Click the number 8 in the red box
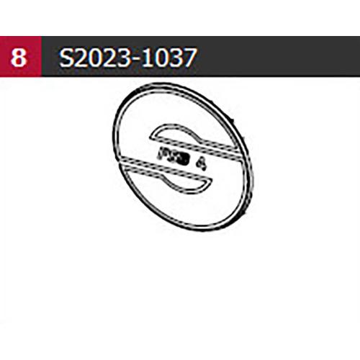coord(20,57)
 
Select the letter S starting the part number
coord(66,57)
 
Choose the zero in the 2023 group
coord(94,57)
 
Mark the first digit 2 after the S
coord(81,57)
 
